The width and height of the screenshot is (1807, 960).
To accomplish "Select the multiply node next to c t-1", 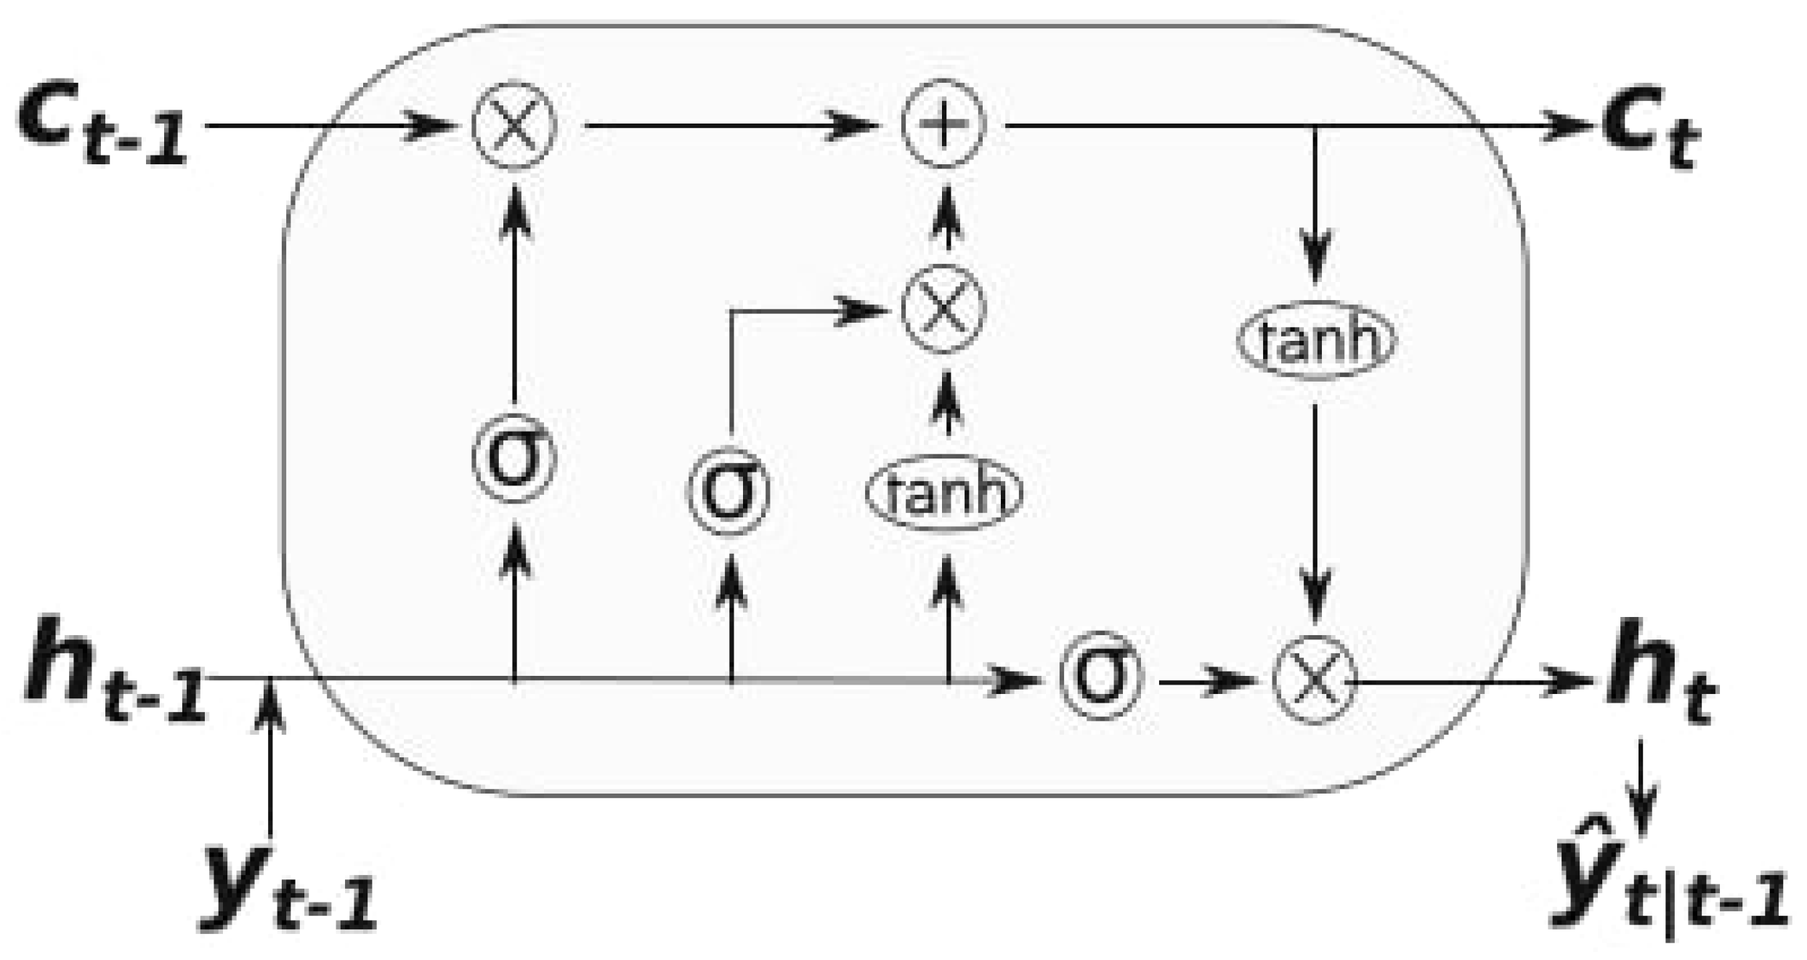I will tap(514, 125).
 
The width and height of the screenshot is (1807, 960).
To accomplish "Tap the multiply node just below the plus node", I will tap(943, 309).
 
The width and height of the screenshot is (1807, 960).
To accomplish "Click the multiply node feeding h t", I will tap(1315, 680).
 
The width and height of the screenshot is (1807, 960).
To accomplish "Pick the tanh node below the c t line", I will tap(1316, 340).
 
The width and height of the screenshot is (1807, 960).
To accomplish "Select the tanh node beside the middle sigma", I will tap(944, 493).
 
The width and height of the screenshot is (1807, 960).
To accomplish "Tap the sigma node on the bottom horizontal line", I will tap(1100, 676).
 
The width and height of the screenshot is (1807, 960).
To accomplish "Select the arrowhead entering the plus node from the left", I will tap(857, 126).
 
